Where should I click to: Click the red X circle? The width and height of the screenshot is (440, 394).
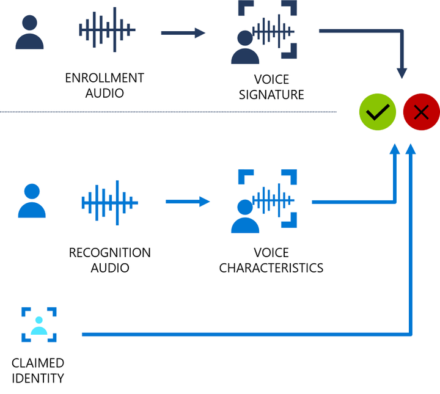click(x=421, y=112)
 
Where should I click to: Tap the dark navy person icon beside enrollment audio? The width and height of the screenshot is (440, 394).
click(x=29, y=32)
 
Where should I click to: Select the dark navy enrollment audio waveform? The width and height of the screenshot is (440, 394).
click(x=107, y=29)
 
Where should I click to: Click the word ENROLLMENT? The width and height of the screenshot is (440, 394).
click(x=105, y=78)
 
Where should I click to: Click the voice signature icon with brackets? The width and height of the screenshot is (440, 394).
click(x=265, y=32)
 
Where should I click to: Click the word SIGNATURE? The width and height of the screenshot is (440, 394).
click(x=271, y=95)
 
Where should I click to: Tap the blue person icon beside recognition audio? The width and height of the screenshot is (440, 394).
click(x=32, y=201)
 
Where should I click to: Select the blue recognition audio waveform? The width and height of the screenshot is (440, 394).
click(x=109, y=202)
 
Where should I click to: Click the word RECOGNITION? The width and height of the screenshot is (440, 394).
click(x=109, y=252)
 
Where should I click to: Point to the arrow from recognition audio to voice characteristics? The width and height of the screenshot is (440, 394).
click(x=188, y=202)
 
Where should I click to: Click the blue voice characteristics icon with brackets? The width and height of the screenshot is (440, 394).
click(x=265, y=202)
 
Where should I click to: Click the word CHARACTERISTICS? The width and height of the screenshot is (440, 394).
click(x=271, y=268)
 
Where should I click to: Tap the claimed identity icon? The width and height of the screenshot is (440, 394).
click(x=39, y=325)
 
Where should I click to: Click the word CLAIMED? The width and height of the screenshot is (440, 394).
click(x=37, y=363)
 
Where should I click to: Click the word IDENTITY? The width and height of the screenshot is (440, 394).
click(x=37, y=378)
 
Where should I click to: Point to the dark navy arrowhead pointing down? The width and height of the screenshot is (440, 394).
click(x=402, y=73)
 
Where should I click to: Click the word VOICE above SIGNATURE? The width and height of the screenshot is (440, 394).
click(x=271, y=79)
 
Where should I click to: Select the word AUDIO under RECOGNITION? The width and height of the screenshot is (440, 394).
click(x=110, y=268)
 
